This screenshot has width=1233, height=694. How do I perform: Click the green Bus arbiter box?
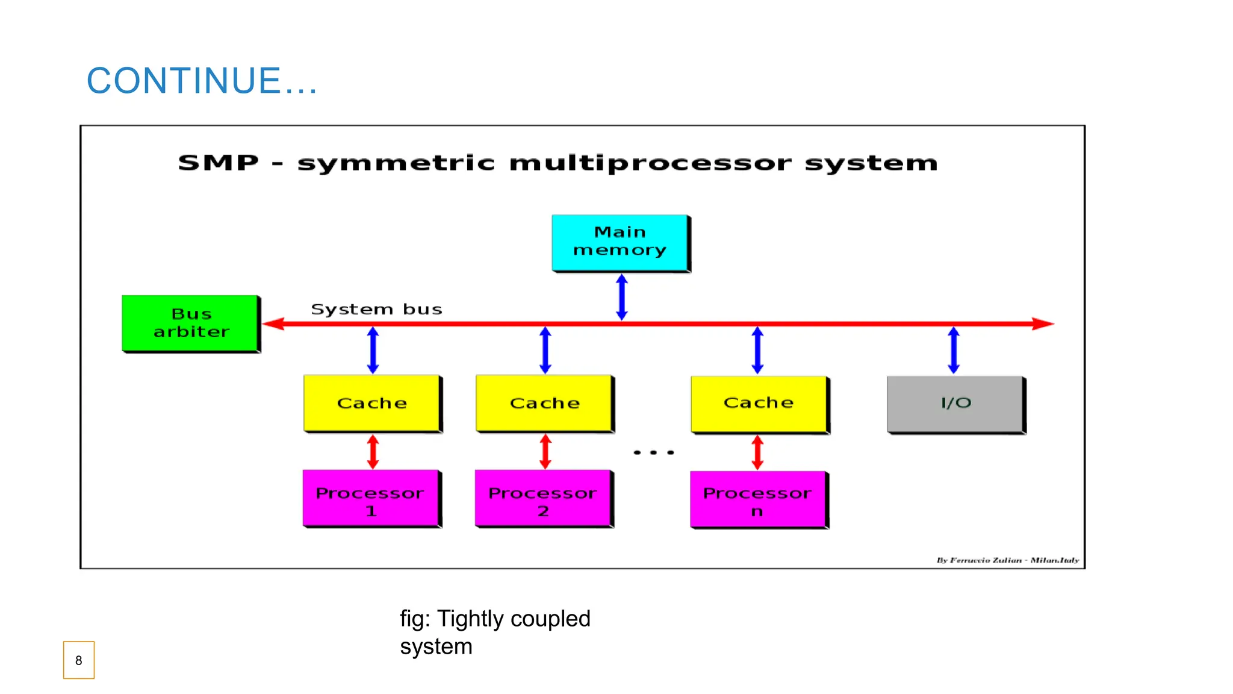[191, 324]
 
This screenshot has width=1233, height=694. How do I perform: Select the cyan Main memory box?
[620, 242]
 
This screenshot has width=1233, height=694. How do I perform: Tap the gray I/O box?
[955, 404]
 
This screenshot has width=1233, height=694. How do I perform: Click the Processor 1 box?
[371, 499]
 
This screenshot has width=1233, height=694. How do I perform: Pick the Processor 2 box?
[544, 499]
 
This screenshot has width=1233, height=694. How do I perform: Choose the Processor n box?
[759, 500]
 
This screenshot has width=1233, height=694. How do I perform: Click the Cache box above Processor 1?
[372, 403]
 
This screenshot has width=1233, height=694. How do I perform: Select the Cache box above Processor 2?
[544, 403]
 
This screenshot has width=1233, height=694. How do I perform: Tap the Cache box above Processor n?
[759, 404]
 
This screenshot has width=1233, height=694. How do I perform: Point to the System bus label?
[376, 309]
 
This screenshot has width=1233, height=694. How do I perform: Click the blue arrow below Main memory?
[622, 297]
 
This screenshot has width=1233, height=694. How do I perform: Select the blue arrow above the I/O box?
[954, 350]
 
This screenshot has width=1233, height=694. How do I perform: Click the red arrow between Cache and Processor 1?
[373, 452]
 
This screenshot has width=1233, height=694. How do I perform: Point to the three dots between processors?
[653, 452]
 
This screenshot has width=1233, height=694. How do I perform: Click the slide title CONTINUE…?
[202, 81]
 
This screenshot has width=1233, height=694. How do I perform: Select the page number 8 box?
[79, 660]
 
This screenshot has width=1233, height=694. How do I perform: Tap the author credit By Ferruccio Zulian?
[979, 560]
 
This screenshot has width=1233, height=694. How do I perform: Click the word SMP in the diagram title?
[219, 163]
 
